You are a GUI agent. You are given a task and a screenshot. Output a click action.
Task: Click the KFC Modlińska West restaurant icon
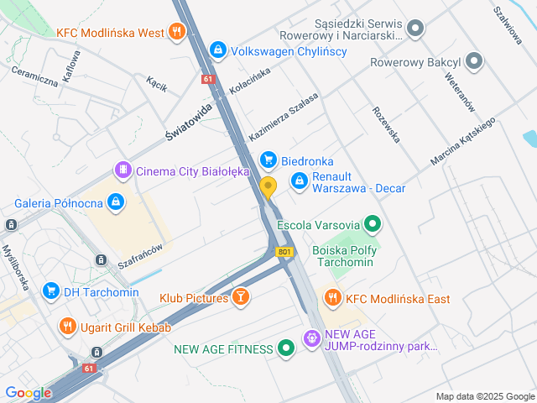click(175, 33)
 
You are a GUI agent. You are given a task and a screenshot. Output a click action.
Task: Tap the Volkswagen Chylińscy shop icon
click(218, 50)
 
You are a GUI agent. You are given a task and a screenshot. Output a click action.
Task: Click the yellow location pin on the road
click(268, 187)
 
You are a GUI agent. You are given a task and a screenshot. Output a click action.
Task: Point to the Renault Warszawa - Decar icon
click(300, 181)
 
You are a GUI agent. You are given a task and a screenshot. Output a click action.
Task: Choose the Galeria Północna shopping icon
click(116, 202)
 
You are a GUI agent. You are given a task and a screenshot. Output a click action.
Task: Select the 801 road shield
click(286, 251)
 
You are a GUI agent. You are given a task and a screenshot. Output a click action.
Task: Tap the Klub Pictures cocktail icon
click(242, 297)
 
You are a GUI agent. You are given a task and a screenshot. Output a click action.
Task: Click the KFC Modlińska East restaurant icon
click(333, 298)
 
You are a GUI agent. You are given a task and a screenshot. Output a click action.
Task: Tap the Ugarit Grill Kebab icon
click(66, 327)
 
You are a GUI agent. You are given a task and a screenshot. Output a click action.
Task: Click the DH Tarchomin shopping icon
click(50, 291)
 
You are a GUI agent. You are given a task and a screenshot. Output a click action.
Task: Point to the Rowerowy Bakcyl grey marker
click(475, 61)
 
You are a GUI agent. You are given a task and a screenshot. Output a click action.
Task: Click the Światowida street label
click(190, 123)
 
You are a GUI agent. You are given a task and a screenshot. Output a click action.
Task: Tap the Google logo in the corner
click(28, 392)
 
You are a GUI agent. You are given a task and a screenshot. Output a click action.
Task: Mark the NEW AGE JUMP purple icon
click(311, 338)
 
